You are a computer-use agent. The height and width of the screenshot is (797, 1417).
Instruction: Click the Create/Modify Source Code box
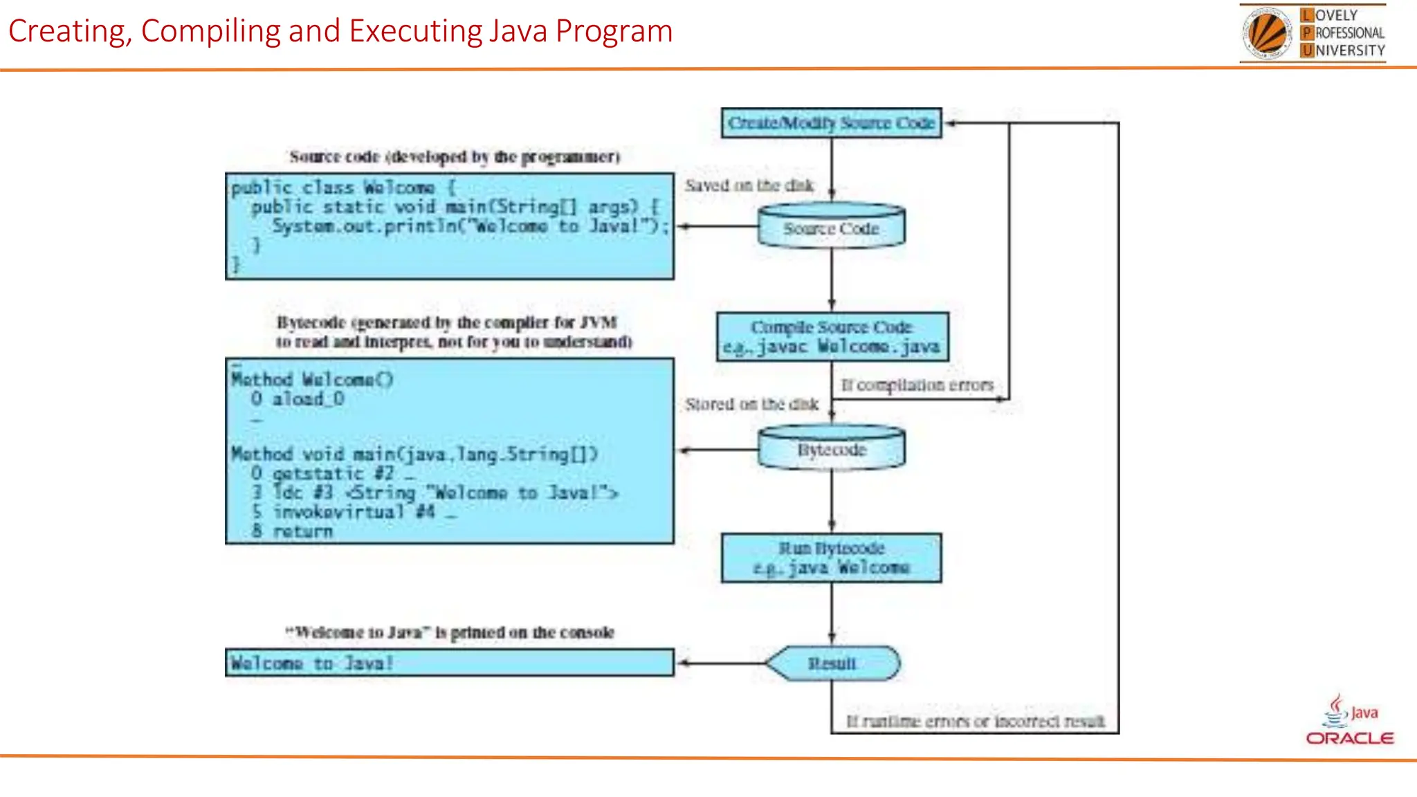click(x=831, y=123)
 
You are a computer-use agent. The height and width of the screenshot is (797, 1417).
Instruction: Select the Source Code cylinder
click(x=831, y=227)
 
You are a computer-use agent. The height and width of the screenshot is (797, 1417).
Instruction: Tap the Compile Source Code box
click(x=832, y=336)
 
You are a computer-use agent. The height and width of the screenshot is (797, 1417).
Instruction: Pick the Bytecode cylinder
click(x=831, y=449)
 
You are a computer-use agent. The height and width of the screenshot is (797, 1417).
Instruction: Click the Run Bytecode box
click(x=831, y=558)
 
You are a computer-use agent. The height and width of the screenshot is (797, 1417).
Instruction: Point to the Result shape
click(x=832, y=663)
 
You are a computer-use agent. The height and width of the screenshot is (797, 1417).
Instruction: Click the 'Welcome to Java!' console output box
click(x=449, y=663)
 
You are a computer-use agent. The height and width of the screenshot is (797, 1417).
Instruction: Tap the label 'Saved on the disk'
click(x=749, y=185)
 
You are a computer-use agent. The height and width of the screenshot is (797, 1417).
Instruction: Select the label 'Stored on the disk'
click(x=751, y=404)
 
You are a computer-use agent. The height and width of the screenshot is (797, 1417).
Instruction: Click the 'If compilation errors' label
click(x=917, y=385)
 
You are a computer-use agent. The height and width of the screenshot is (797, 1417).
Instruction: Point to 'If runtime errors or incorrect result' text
click(x=975, y=722)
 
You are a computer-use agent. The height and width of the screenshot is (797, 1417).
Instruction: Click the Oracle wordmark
click(x=1349, y=738)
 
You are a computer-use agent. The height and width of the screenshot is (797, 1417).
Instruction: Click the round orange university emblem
click(x=1268, y=33)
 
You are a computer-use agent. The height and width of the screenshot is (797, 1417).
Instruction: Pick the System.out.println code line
click(x=469, y=226)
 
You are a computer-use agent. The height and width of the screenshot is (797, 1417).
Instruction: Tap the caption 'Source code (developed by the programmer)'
click(x=454, y=157)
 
